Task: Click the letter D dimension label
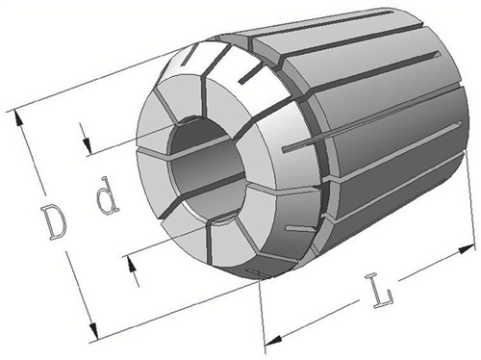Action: pos(54,222)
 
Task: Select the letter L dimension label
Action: pos(382,291)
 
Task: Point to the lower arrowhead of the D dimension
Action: pos(93,330)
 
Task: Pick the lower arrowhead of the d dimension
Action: pos(131,264)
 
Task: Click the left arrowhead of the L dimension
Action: pos(273,340)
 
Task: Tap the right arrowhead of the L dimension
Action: pos(467,249)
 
